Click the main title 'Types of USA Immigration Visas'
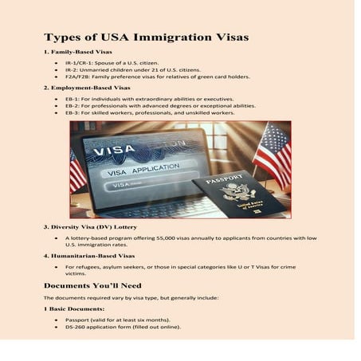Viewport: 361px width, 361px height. [146, 37]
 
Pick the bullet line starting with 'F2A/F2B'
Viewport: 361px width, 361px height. [157, 77]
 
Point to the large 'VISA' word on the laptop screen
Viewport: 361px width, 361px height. [114, 149]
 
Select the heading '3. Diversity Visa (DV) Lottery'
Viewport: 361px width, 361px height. [96, 227]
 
